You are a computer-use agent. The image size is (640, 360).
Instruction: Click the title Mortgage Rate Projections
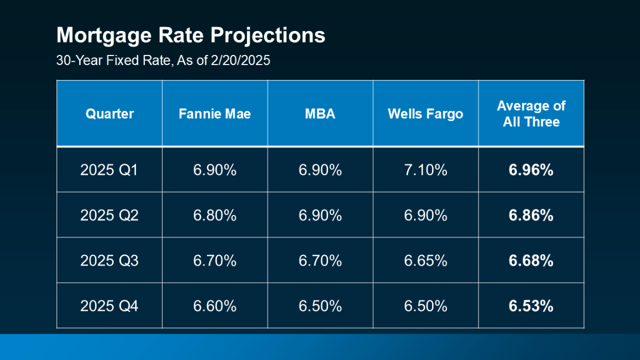coord(190,36)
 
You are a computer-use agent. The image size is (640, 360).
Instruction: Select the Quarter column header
coord(109,114)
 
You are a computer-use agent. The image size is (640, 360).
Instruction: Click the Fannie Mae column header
coord(215,114)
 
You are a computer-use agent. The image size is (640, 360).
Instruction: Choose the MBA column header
coord(320,114)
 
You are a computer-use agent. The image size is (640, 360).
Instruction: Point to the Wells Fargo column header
coord(426,114)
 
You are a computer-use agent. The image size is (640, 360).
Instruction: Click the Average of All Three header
coord(531,114)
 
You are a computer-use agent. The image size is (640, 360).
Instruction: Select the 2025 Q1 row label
coord(109,170)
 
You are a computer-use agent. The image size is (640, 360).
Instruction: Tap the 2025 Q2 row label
coord(109,215)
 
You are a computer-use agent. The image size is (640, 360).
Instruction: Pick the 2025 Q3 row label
coord(109,261)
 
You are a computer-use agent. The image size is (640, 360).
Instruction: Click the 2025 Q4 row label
coord(109,306)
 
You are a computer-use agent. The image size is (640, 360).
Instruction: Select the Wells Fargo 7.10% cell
coord(426,170)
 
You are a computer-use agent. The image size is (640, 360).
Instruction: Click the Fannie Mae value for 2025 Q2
coord(215,215)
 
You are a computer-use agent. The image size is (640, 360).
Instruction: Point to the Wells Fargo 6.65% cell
coord(426,261)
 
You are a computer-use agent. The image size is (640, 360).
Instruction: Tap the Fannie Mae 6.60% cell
coord(215,306)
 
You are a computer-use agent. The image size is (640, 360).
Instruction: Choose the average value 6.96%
coord(531,170)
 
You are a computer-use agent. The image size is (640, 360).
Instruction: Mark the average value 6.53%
coord(531,306)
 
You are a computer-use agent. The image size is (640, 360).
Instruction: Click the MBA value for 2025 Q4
coord(320,306)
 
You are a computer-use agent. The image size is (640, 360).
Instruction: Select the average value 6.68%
coord(531,261)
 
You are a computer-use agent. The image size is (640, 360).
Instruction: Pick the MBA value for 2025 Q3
coord(320,261)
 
